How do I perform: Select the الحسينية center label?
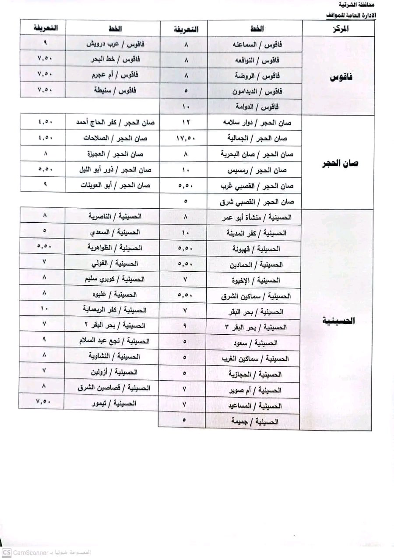[x=338, y=321]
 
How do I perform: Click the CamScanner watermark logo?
[x=7, y=552]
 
